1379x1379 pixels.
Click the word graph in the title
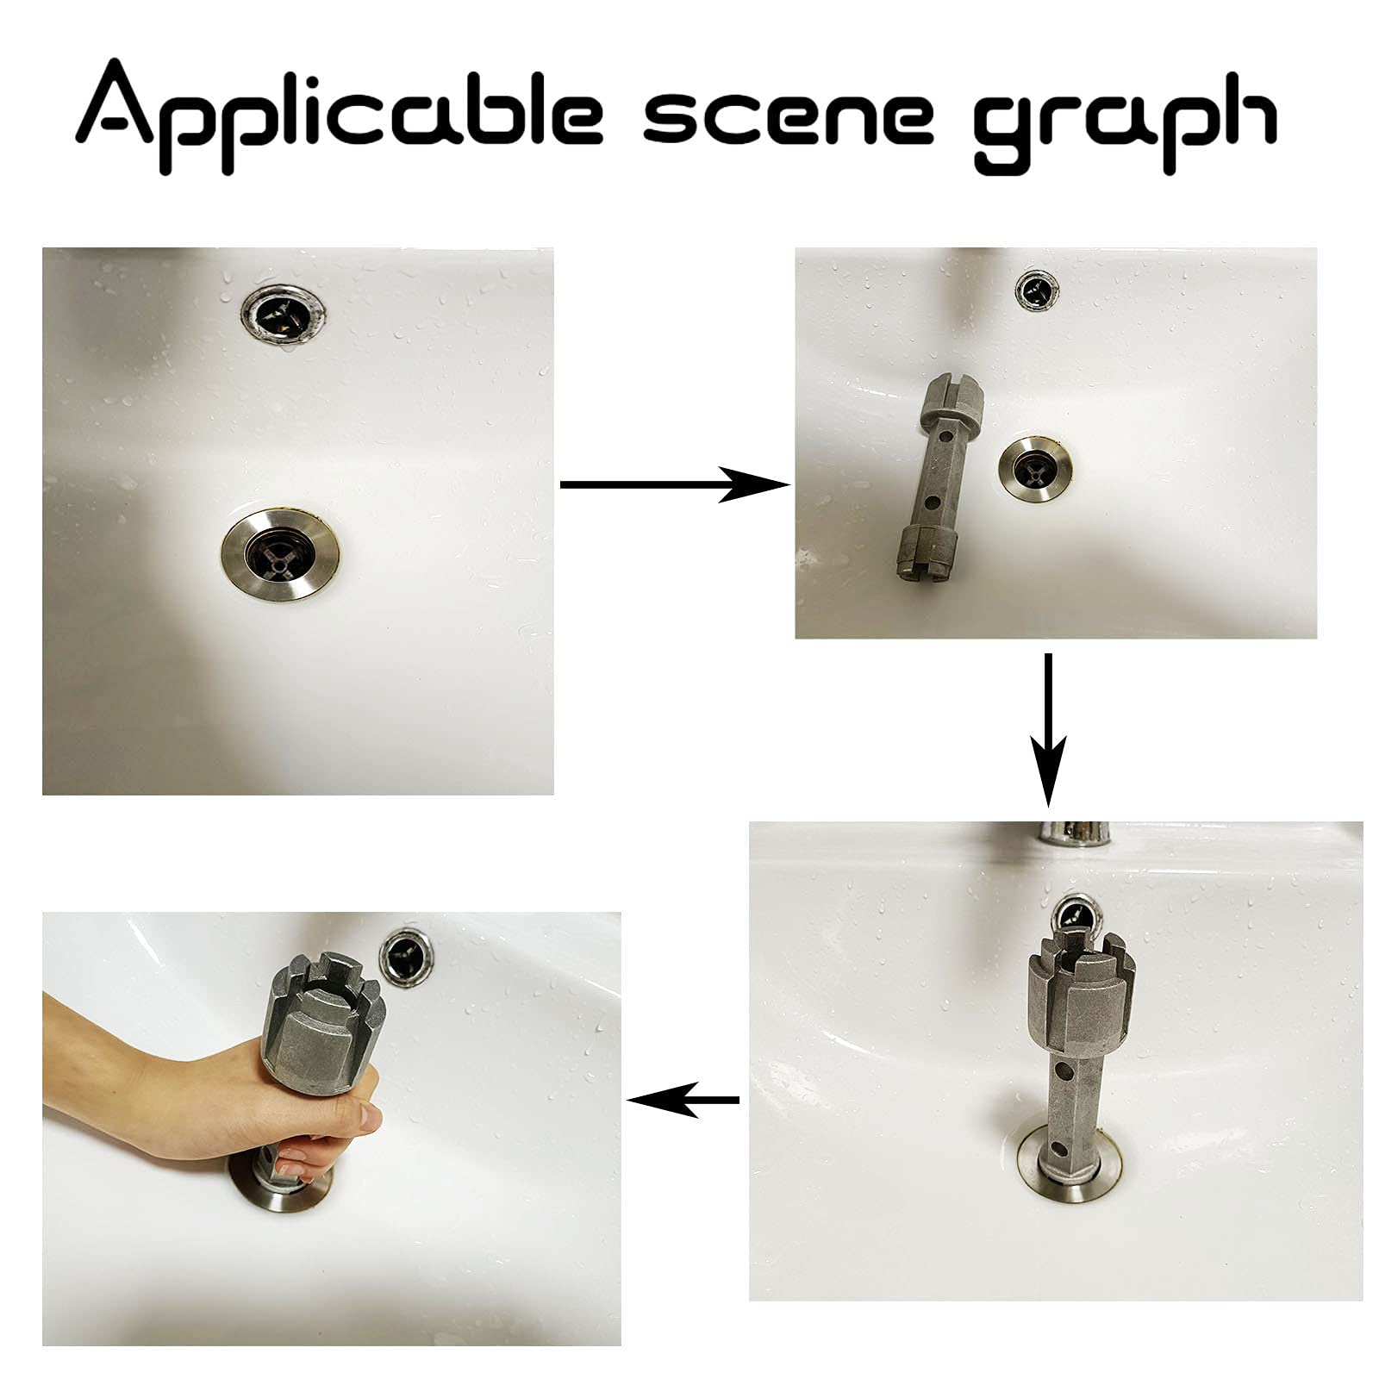(x=1125, y=121)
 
